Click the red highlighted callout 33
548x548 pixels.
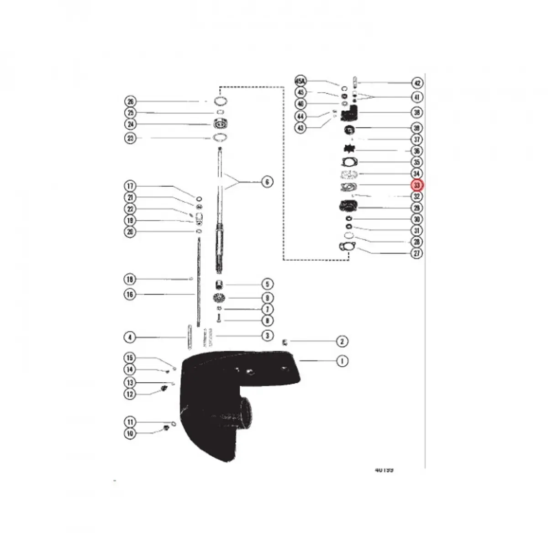click(x=417, y=185)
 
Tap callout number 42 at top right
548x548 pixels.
click(x=417, y=83)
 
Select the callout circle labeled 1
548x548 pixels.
click(x=342, y=361)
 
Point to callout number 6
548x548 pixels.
click(x=267, y=182)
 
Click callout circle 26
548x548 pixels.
click(x=131, y=101)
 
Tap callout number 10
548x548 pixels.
click(x=130, y=433)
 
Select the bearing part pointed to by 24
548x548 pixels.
click(x=221, y=124)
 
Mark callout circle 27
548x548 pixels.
click(x=417, y=253)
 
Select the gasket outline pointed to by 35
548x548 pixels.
click(x=349, y=162)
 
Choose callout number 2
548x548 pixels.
click(x=342, y=341)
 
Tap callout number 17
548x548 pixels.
click(x=131, y=186)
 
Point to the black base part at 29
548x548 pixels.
click(x=348, y=206)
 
